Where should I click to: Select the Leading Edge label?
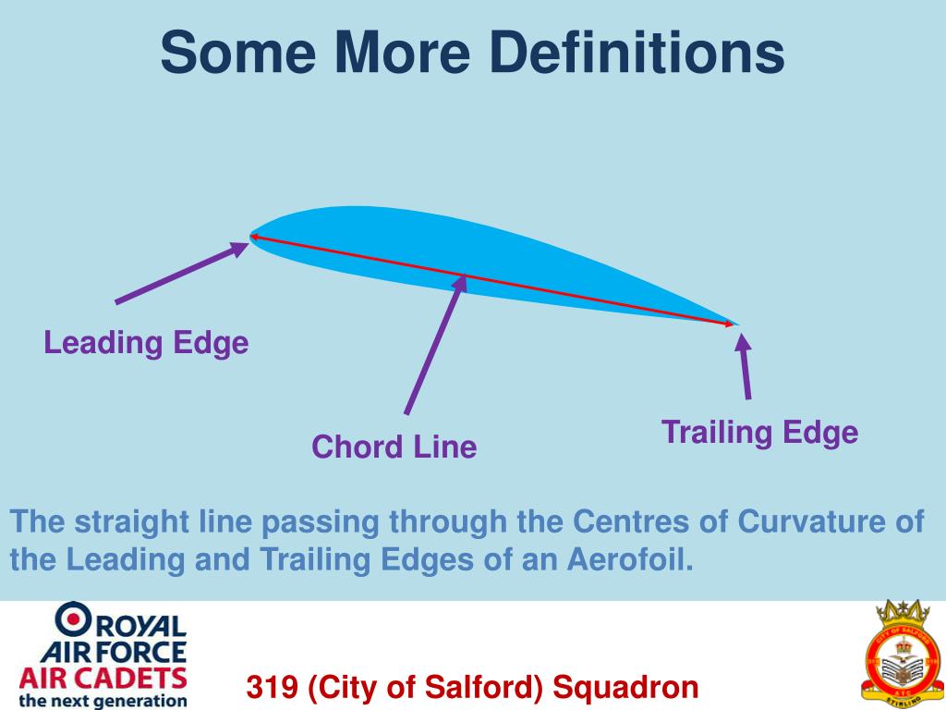pos(146,343)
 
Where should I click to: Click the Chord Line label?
pos(394,447)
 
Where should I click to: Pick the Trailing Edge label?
pos(759,432)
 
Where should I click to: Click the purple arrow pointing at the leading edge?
pos(181,273)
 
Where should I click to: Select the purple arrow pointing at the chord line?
pos(434,346)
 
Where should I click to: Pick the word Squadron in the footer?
pos(625,688)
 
